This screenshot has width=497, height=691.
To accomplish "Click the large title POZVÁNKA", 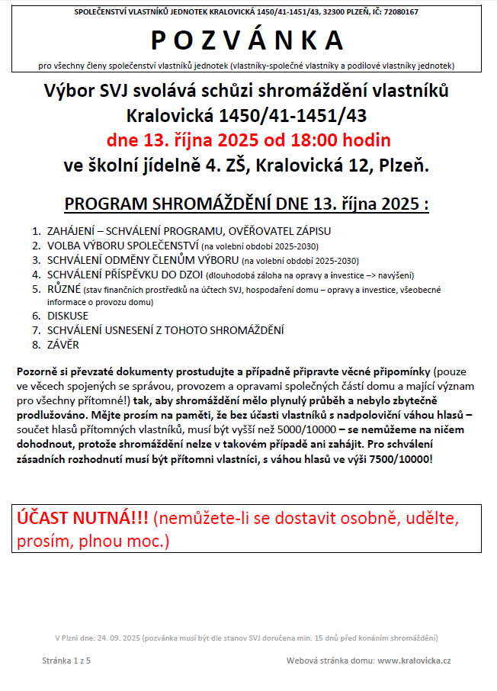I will pos(248,40).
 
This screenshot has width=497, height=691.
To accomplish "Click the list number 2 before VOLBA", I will pos(36,246).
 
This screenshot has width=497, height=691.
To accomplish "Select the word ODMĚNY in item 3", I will pos(126,260).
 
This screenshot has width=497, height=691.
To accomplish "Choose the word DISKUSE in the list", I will pos(68,316).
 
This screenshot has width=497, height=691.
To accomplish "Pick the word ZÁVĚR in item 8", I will pos(63,345).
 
